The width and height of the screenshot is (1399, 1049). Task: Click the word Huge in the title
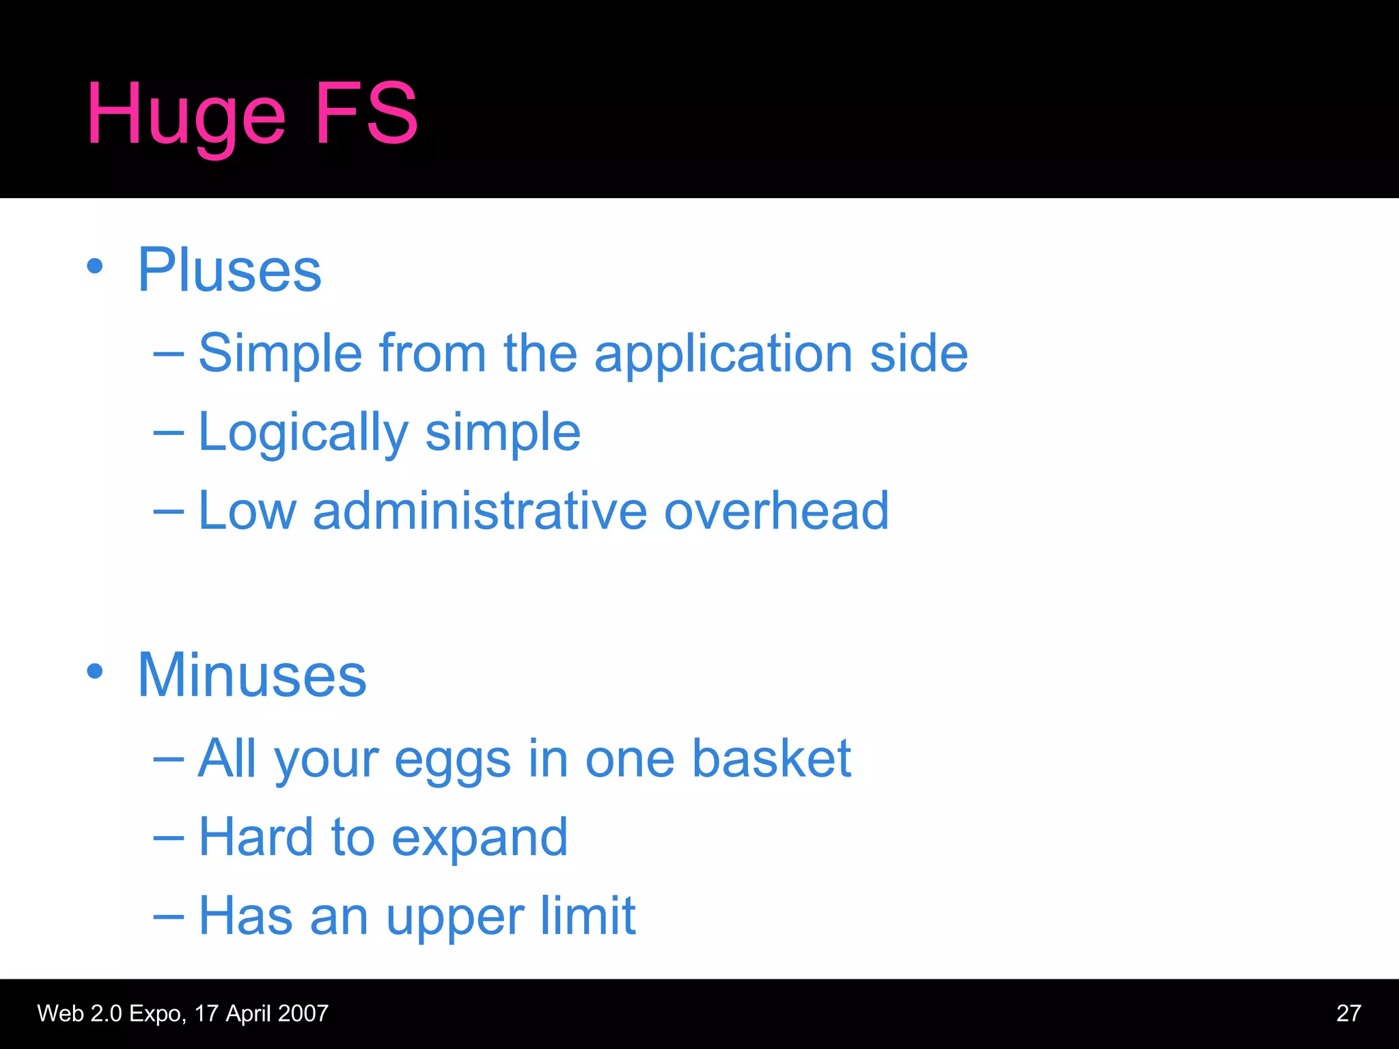(185, 115)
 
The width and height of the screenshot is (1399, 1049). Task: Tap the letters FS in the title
(366, 113)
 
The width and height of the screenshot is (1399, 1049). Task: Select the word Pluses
(230, 270)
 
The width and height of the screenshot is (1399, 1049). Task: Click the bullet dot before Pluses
(95, 266)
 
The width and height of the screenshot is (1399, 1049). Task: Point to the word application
(723, 354)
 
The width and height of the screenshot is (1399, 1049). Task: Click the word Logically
(303, 433)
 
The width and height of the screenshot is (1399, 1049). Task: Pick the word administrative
(480, 510)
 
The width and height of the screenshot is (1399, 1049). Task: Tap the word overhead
(776, 510)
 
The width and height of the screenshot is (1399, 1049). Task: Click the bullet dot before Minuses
(95, 671)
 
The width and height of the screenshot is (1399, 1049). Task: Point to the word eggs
(452, 760)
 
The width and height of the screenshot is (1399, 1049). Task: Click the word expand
(480, 839)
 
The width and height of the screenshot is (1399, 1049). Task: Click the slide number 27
(1348, 1013)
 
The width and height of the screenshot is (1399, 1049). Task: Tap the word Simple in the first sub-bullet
(280, 353)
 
